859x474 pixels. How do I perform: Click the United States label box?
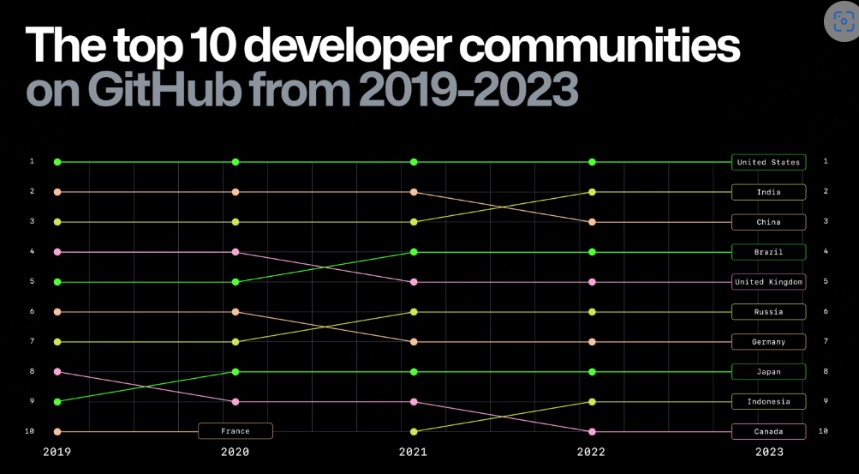pos(768,162)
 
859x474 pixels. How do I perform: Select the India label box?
pos(768,192)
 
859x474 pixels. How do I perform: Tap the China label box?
pos(768,222)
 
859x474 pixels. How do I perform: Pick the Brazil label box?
pos(768,252)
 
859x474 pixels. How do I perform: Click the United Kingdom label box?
pos(768,282)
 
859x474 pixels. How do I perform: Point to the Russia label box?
pos(768,312)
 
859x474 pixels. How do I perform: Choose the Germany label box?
pos(768,342)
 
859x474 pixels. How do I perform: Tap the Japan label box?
pos(768,372)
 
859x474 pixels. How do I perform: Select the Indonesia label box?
pos(768,402)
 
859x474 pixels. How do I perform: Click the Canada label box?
pos(768,431)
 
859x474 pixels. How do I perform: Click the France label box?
pos(236,431)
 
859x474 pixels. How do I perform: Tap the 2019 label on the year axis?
pos(57,453)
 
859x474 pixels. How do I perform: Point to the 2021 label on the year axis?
pos(414,453)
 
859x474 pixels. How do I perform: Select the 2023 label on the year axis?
pos(768,453)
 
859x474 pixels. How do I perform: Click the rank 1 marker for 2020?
pos(236,162)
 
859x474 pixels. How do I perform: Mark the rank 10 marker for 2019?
pos(57,431)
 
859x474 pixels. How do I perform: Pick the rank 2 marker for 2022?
pos(592,192)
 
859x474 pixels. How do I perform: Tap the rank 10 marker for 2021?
pos(414,431)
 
